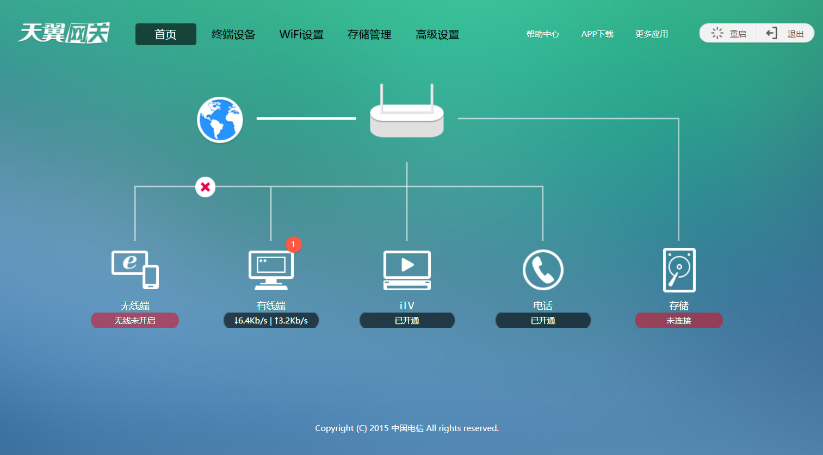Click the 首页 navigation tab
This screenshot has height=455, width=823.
pyautogui.click(x=165, y=34)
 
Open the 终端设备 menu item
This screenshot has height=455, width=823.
pyautogui.click(x=233, y=34)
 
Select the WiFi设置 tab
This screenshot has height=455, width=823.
pyautogui.click(x=301, y=34)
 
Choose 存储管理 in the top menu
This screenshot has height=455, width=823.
pyautogui.click(x=369, y=34)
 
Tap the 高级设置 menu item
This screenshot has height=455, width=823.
pyautogui.click(x=437, y=34)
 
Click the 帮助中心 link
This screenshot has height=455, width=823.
pyautogui.click(x=542, y=34)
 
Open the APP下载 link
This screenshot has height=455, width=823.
pyautogui.click(x=597, y=34)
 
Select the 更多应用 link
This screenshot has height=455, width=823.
pyautogui.click(x=651, y=34)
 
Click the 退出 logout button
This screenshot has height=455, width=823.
pyautogui.click(x=785, y=34)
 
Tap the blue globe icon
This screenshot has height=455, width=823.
pyautogui.click(x=220, y=120)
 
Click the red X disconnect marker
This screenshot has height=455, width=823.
pyautogui.click(x=205, y=187)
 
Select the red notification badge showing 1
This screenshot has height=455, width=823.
pyautogui.click(x=293, y=245)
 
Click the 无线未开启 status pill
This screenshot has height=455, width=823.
pyautogui.click(x=135, y=321)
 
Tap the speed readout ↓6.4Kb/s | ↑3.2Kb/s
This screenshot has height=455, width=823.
pyautogui.click(x=271, y=321)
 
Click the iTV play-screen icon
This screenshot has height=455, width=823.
pyautogui.click(x=407, y=270)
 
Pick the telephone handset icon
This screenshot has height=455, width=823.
pyautogui.click(x=543, y=270)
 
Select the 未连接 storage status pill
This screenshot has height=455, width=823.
pyautogui.click(x=679, y=321)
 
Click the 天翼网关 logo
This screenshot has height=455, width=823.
pyautogui.click(x=64, y=33)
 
